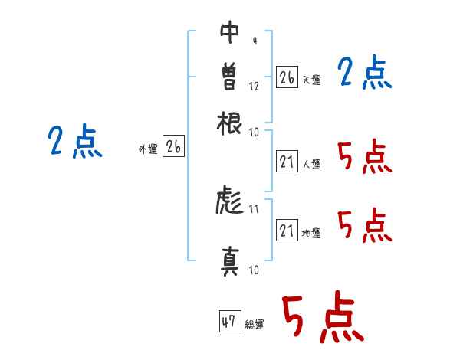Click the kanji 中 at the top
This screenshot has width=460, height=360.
tap(230, 32)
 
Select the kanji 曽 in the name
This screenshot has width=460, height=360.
tap(230, 76)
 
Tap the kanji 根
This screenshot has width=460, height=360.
tap(229, 123)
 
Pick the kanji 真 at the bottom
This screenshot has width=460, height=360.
tap(230, 262)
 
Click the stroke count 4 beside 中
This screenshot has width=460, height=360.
tap(255, 41)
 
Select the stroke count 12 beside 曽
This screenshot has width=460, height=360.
tap(254, 87)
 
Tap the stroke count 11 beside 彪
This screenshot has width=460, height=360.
tap(254, 209)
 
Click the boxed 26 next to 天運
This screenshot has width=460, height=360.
tap(287, 77)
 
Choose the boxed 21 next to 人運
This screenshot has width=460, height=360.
tap(287, 162)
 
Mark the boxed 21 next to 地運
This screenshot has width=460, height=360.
tap(287, 230)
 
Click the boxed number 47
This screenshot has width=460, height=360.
tap(230, 321)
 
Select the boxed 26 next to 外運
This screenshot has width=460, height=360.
tap(174, 146)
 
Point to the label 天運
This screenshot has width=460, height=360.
tap(312, 80)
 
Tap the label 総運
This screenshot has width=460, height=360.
tap(255, 324)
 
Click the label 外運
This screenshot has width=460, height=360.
tap(148, 149)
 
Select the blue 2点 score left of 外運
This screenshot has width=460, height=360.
tap(75, 141)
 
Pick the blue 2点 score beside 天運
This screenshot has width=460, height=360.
tap(365, 71)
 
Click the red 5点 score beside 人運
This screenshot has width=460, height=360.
tap(365, 156)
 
